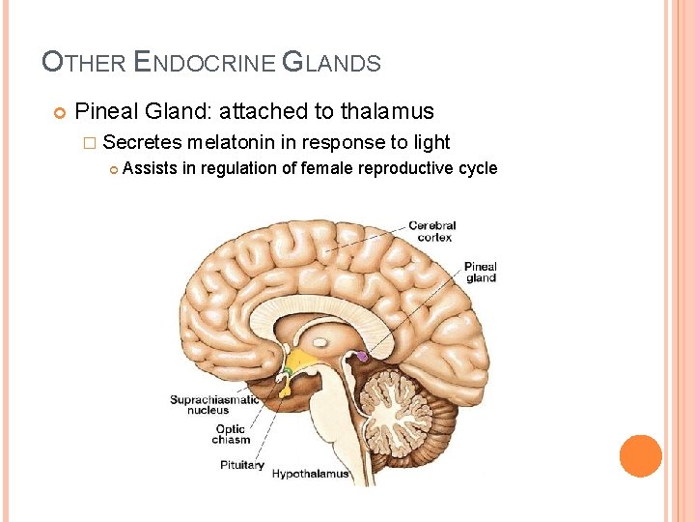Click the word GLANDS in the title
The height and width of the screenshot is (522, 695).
(x=331, y=64)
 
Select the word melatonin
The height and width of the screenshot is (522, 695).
(x=232, y=142)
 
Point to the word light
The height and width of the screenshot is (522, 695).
(x=429, y=142)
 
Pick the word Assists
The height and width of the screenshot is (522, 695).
(x=151, y=168)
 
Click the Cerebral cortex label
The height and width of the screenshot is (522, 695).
(x=431, y=231)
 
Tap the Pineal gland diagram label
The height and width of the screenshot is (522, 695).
(x=480, y=273)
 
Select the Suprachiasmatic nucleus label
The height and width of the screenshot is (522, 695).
(x=214, y=405)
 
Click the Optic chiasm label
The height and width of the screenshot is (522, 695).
(x=232, y=434)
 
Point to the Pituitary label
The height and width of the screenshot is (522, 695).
(x=242, y=465)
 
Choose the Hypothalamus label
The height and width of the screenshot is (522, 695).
(x=310, y=474)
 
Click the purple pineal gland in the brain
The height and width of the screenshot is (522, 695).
(x=363, y=356)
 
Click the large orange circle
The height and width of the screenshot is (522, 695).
(x=641, y=456)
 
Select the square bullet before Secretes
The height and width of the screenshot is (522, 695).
(x=89, y=143)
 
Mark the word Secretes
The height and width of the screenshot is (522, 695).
(x=142, y=142)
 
